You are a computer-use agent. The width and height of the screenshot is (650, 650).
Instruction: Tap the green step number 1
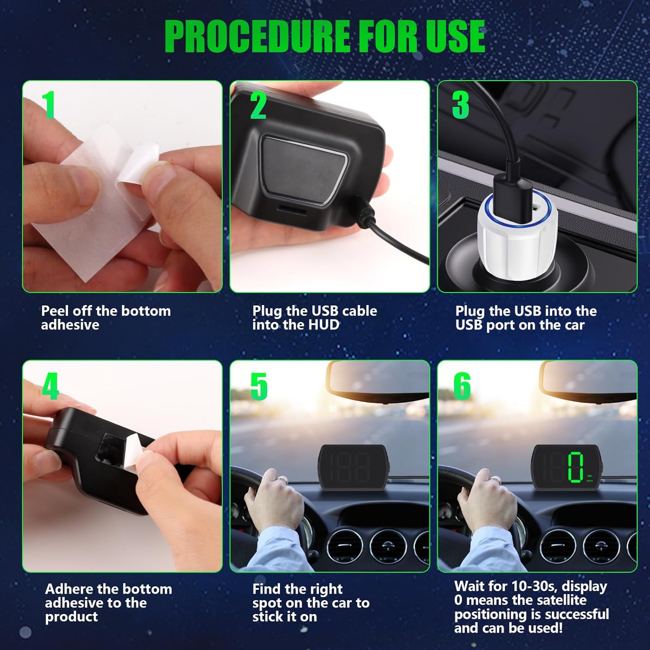pyautogui.click(x=49, y=104)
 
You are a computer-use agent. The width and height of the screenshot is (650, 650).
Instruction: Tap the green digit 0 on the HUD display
pyautogui.click(x=576, y=467)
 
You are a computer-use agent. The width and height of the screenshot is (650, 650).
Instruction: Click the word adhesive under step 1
pyautogui.click(x=70, y=325)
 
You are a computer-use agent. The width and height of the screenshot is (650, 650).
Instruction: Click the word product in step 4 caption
pyautogui.click(x=71, y=617)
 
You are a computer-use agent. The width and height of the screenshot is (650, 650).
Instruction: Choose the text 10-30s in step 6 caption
pyautogui.click(x=534, y=586)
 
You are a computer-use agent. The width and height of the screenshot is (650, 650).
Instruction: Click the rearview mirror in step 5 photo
pyautogui.click(x=377, y=381)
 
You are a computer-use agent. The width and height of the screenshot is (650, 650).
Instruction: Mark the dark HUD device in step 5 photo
pyautogui.click(x=353, y=467)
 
